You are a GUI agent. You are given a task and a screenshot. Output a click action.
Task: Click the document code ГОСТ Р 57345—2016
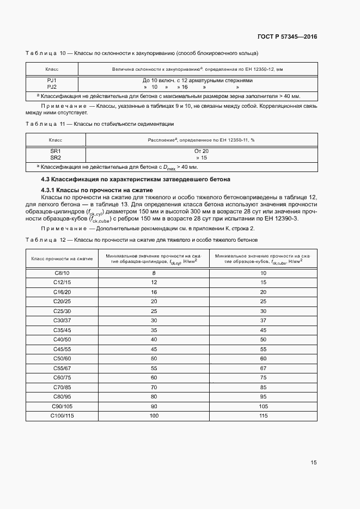coord(287,36)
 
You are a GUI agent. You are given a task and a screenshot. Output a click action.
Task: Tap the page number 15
coord(314,463)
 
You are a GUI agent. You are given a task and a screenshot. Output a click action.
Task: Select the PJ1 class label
coord(52,80)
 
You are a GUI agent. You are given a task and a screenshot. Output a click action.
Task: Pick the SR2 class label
coord(56,158)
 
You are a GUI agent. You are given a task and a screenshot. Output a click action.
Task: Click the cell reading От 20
coord(201,151)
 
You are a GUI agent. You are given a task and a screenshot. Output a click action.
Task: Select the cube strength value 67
coord(263,368)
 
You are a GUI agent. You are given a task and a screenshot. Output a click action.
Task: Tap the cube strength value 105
coord(263,406)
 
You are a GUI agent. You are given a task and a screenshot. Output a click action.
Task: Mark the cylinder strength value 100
coord(154,416)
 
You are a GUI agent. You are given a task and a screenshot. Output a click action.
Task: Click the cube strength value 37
coord(263,320)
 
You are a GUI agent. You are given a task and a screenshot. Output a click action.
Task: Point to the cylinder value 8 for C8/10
coord(154,273)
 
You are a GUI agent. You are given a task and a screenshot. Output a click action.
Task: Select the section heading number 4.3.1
coord(48,189)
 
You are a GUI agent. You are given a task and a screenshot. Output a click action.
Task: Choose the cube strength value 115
coord(263,416)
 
